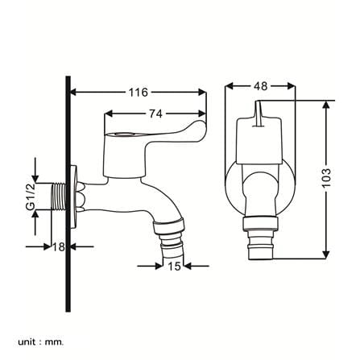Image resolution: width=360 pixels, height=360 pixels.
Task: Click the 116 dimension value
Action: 139,93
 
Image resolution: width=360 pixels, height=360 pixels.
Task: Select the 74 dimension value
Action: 155,114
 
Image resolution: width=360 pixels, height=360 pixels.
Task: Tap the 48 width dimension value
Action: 260,86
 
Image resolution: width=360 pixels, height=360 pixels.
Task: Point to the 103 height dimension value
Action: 326,178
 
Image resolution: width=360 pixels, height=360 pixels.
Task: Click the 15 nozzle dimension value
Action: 174,266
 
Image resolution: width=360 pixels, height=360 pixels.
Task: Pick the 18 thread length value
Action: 59,246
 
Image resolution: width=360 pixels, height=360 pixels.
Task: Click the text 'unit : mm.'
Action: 41,334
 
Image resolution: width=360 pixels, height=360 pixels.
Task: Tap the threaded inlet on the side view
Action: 58,197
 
